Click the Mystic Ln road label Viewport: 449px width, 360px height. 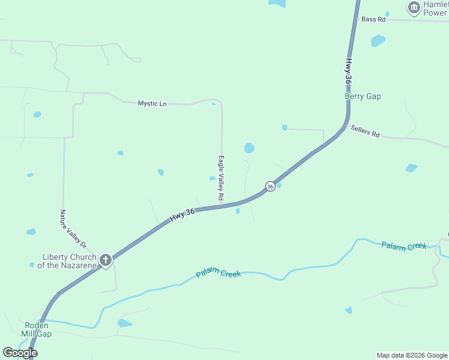pyautogui.click(x=152, y=103)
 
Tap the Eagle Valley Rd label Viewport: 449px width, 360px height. pyautogui.click(x=221, y=178)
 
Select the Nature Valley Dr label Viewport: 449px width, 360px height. pyautogui.click(x=73, y=229)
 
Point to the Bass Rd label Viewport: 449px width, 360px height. pyautogui.click(x=373, y=19)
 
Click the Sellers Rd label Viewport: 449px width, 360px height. pyautogui.click(x=366, y=131)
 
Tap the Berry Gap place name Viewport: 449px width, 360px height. pyautogui.click(x=363, y=96)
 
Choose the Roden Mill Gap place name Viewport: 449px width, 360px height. pyautogui.click(x=37, y=329)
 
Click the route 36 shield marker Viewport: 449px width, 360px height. pyautogui.click(x=270, y=187)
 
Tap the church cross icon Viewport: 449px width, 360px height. pyautogui.click(x=106, y=260)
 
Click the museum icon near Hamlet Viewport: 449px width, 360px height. pyautogui.click(x=413, y=7)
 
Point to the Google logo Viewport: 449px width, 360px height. pyautogui.click(x=20, y=352)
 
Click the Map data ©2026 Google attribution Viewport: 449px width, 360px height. pyautogui.click(x=412, y=355)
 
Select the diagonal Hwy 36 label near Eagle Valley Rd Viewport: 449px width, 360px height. pyautogui.click(x=182, y=215)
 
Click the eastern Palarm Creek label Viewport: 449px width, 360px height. pyautogui.click(x=404, y=245)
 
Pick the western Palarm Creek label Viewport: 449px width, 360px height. pyautogui.click(x=218, y=274)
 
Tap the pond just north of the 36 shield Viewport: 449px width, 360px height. pyautogui.click(x=249, y=148)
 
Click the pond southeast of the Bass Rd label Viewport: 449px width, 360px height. pyautogui.click(x=378, y=41)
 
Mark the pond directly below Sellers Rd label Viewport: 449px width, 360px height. pyautogui.click(x=411, y=168)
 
